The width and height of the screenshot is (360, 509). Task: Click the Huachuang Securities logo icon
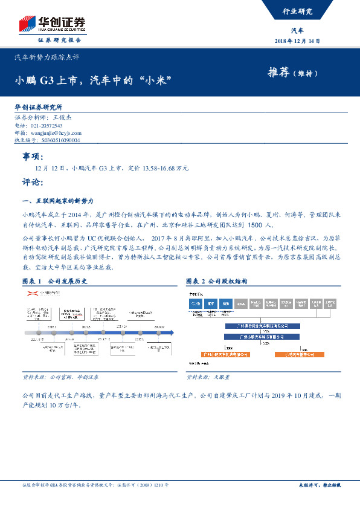[26, 25]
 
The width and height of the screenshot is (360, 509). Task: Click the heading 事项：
[33, 157]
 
